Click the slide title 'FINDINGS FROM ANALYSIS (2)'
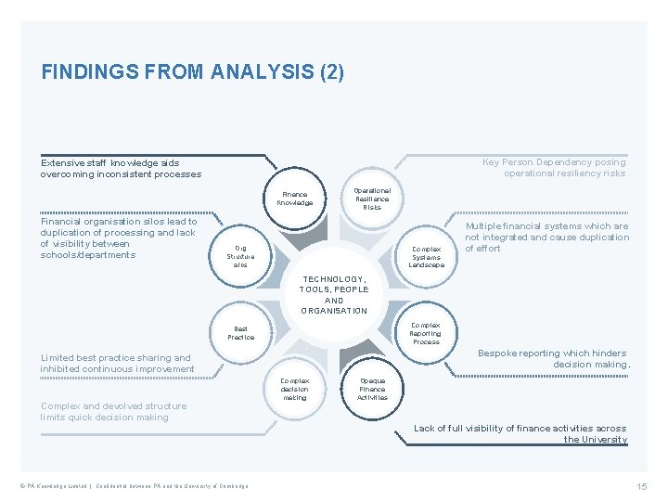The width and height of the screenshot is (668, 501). click(192, 71)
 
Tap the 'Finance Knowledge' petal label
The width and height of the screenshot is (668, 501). click(295, 199)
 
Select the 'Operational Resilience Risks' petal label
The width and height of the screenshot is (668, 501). click(372, 199)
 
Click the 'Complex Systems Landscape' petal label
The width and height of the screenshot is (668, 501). click(427, 257)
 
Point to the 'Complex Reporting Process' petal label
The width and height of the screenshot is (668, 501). click(426, 333)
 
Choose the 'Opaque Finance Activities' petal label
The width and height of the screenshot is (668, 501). click(372, 389)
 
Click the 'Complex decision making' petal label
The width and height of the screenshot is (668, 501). click(295, 389)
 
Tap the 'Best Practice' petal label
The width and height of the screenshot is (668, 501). click(241, 333)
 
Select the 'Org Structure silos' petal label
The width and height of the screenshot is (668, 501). click(241, 257)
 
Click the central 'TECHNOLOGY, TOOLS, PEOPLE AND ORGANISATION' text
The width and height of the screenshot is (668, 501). click(334, 295)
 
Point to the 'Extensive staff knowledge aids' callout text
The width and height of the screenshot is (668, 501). click(121, 168)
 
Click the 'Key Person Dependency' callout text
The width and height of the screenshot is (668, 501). click(555, 168)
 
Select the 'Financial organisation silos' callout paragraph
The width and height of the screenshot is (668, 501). click(119, 238)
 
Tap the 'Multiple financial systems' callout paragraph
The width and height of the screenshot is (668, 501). click(546, 238)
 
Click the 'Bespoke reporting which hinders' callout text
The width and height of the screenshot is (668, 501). click(554, 359)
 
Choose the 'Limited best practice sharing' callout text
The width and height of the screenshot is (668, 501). click(117, 364)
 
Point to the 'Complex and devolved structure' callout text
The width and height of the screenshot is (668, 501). click(113, 412)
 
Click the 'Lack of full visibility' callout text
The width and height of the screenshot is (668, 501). click(520, 434)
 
